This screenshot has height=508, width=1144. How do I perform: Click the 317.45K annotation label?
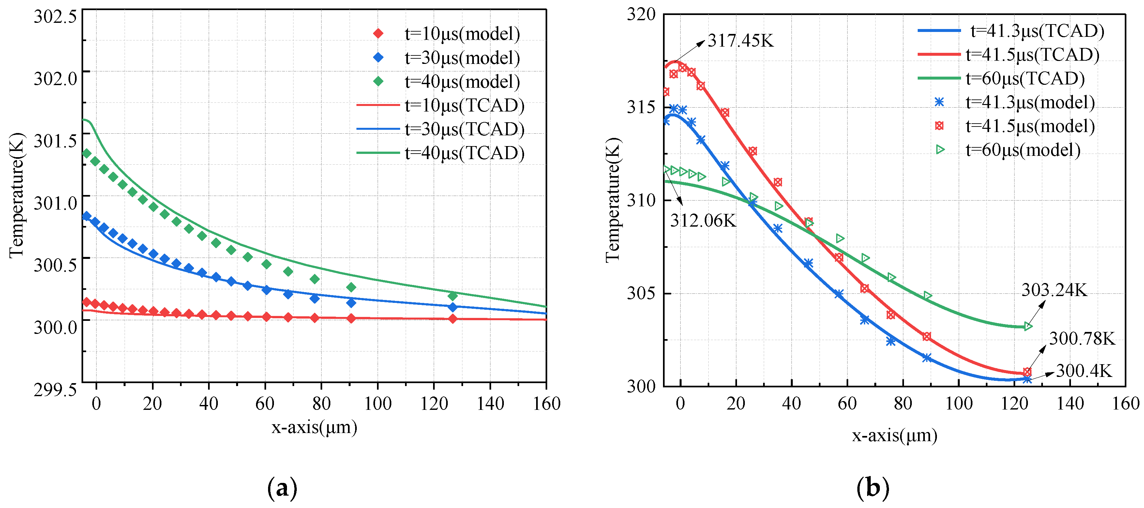[740, 41]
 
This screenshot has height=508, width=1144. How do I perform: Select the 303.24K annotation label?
[1054, 291]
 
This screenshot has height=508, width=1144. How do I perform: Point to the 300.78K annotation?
[1082, 339]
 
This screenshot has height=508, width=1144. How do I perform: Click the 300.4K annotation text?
[1084, 371]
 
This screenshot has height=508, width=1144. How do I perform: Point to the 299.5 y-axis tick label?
[55, 389]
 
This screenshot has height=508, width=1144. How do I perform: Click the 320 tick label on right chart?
[641, 14]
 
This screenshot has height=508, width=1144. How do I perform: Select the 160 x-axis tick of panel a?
[547, 404]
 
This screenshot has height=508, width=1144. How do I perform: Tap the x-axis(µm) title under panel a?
[314, 427]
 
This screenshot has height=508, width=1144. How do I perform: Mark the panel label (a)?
[282, 488]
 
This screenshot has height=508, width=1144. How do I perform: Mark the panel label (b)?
[873, 488]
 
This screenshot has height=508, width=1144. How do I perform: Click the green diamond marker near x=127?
[453, 296]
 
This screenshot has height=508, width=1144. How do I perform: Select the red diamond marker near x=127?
[453, 318]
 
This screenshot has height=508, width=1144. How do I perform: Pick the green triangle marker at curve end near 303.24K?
[1028, 327]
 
